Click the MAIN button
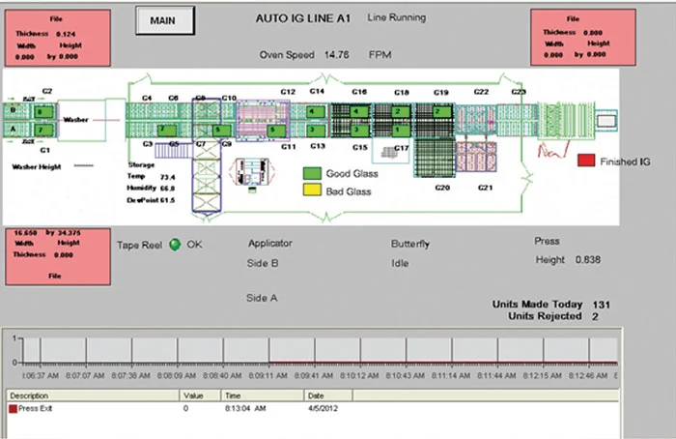tap(165, 19)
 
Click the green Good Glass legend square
tap(312, 174)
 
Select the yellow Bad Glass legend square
tap(312, 190)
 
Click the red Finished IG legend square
tap(585, 161)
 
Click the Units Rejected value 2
tap(595, 316)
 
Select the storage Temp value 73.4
tap(167, 178)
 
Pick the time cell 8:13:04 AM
tap(241, 409)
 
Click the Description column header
tap(31, 395)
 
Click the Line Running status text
tap(398, 18)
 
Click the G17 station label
tap(403, 147)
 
